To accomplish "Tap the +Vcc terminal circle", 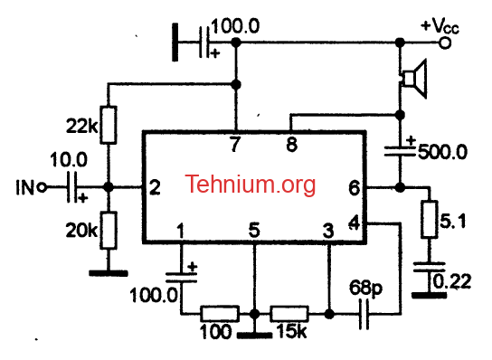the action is point(444,43).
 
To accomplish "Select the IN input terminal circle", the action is point(42,188).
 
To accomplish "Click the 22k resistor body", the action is point(109,125).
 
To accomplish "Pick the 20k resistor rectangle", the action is point(109,231).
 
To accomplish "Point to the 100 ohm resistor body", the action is point(220,314).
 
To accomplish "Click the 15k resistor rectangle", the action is point(289,314).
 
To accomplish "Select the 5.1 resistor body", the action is point(430,219).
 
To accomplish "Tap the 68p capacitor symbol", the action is point(364,314).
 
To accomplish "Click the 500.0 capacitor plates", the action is point(400,151).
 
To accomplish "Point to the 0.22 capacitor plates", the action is point(429,267).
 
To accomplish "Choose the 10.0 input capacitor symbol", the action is point(71,187).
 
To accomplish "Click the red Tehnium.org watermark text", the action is point(251,185).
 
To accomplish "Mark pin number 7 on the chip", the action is point(235,144).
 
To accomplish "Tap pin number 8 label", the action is point(291,145).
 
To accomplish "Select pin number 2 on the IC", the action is point(155,187).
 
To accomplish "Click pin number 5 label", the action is point(254,230).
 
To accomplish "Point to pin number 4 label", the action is point(355,223).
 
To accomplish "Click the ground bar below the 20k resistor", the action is point(109,273).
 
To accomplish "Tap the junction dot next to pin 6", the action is point(400,188).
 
